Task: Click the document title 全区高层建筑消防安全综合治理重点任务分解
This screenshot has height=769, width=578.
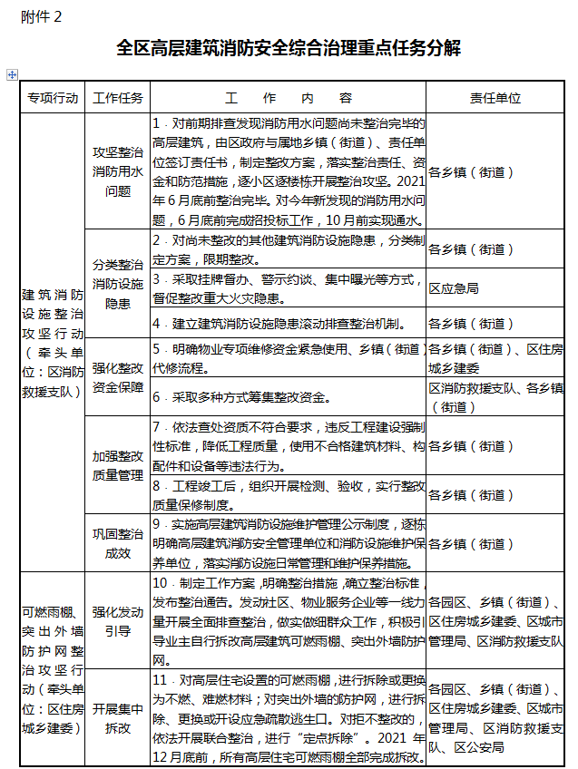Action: click(x=289, y=48)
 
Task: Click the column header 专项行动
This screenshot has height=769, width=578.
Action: click(x=53, y=98)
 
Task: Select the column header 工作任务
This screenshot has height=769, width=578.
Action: click(x=118, y=98)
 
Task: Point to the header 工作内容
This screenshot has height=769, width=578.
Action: click(x=288, y=98)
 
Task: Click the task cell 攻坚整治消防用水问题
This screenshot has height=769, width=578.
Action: click(x=118, y=171)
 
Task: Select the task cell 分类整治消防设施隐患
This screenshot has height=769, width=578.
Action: click(x=118, y=284)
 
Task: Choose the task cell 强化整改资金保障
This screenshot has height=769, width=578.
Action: click(x=118, y=377)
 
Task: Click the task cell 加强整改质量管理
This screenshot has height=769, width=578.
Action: click(x=118, y=463)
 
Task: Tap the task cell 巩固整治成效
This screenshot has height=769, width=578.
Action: click(x=118, y=543)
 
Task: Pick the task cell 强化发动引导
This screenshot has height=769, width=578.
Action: click(x=118, y=621)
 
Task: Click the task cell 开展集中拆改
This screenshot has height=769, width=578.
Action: click(x=118, y=715)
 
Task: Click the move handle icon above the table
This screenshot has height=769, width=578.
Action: click(x=11, y=74)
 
